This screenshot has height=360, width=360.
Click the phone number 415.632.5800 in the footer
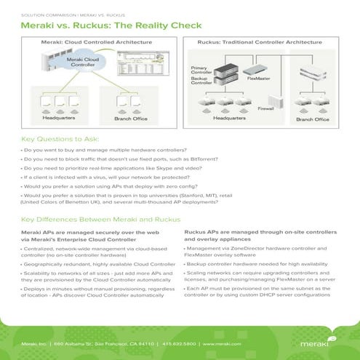click(175, 342)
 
